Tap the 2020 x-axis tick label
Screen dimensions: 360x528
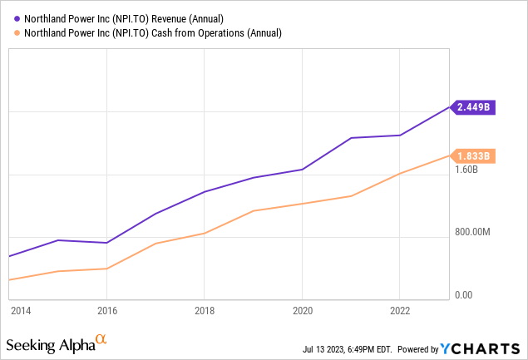(x=302, y=311)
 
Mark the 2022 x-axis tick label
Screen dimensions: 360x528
(x=400, y=311)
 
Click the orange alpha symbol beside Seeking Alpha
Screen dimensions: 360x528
(x=101, y=339)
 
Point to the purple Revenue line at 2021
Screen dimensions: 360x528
(x=351, y=138)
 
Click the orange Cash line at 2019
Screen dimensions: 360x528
(x=253, y=211)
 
